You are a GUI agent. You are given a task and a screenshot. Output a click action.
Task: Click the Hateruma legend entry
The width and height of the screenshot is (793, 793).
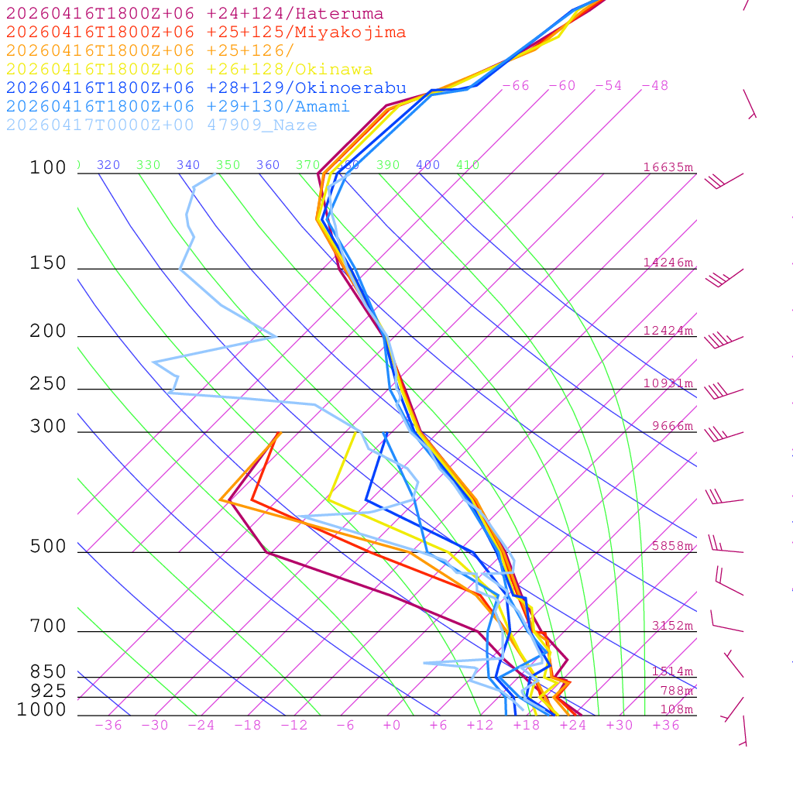(x=194, y=14)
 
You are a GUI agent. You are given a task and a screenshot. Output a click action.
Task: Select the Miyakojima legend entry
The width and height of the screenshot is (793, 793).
(x=205, y=33)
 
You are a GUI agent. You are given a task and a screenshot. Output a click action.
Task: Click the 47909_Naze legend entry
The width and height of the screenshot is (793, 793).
(x=161, y=125)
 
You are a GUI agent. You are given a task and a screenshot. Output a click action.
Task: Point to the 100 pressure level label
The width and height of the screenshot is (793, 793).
(x=48, y=168)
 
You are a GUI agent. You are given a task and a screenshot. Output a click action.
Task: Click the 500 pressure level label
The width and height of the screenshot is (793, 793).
(x=48, y=548)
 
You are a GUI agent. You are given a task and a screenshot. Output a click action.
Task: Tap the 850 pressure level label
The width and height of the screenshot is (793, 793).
(x=48, y=672)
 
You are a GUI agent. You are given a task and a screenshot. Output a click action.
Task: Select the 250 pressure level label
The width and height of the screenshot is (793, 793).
(x=48, y=384)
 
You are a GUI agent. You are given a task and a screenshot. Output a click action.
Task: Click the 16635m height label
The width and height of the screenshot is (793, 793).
(x=668, y=167)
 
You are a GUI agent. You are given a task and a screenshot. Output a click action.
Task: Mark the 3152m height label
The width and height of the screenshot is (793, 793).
(x=672, y=626)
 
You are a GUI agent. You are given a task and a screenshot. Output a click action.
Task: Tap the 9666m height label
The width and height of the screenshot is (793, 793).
(x=672, y=426)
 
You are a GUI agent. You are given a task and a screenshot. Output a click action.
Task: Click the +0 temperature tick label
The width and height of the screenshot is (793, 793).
(x=392, y=725)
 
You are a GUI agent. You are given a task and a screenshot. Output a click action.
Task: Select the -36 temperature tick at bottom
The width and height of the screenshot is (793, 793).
(x=108, y=725)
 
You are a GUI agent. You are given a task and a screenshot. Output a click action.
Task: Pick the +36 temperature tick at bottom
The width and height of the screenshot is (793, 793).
(x=666, y=725)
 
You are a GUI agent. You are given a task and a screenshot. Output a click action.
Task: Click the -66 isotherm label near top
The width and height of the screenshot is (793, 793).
(x=516, y=85)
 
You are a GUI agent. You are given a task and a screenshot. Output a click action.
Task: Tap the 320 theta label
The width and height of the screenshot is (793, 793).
(x=108, y=165)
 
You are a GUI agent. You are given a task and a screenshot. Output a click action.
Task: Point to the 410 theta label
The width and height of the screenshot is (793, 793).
(x=468, y=165)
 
